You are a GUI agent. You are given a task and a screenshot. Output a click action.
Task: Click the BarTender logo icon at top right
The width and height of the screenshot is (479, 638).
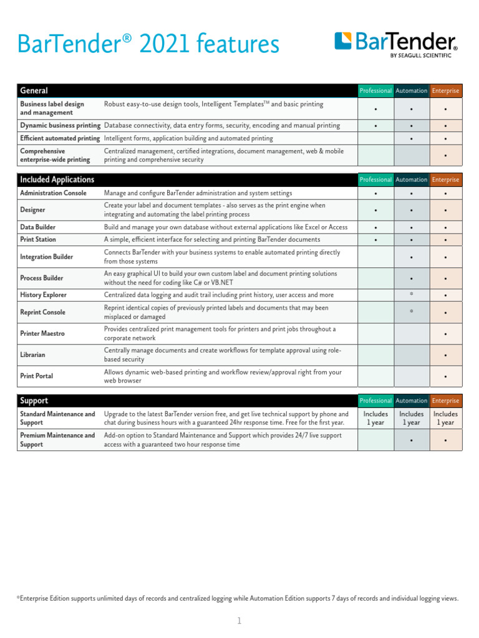[344, 41]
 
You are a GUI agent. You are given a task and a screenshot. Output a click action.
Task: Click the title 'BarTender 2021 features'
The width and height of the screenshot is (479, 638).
[148, 44]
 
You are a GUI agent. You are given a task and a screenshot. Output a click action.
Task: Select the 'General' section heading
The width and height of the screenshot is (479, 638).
[34, 91]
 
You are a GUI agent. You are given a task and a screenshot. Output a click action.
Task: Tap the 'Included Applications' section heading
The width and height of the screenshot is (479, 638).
[57, 179]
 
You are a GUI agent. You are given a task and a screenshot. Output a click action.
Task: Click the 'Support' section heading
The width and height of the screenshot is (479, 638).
[34, 401]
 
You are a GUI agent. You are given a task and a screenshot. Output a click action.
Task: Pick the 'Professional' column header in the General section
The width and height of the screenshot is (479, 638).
[375, 91]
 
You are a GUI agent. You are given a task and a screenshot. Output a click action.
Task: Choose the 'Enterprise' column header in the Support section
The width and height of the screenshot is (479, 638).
[445, 401]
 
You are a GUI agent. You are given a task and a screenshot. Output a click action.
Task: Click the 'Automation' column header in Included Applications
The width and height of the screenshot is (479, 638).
[411, 179]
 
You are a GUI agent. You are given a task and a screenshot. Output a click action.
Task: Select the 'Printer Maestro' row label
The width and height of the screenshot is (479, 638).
[42, 333]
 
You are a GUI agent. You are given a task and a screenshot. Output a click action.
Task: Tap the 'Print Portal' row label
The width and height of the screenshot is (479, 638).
[37, 376]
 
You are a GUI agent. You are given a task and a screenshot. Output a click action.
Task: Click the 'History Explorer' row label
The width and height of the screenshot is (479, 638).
[43, 295]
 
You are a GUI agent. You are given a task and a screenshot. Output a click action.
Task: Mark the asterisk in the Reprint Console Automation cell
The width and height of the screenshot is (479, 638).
[411, 310]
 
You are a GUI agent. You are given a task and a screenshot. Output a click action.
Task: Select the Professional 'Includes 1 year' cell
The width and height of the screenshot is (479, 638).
[375, 418]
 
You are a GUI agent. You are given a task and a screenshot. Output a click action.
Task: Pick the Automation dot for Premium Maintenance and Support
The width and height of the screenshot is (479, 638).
[411, 441]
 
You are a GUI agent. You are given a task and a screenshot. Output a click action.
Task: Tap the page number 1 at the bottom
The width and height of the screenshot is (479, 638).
[239, 621]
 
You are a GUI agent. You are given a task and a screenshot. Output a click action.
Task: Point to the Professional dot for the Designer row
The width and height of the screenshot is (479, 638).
[375, 211]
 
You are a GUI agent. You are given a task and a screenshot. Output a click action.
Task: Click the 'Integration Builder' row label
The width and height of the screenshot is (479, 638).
[47, 257]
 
